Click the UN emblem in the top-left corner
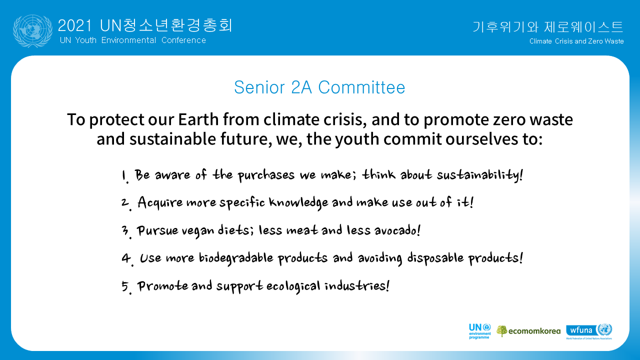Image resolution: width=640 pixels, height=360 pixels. tap(32, 31)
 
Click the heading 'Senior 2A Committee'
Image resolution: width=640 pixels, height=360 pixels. tap(319, 87)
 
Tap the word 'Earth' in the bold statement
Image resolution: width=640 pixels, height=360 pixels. tap(198, 119)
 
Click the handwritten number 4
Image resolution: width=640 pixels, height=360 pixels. tap(127, 259)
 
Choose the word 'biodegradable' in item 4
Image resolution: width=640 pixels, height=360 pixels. tap(236, 258)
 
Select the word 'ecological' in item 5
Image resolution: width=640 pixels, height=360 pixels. tap(293, 286)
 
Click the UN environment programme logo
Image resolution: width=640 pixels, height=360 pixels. tap(479, 331)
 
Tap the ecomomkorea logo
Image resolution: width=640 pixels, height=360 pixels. tap(528, 331)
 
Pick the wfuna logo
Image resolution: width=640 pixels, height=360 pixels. tap(589, 331)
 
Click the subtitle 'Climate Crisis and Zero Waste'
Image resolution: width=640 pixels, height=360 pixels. tap(576, 41)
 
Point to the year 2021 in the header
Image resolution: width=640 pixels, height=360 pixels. tap(75, 25)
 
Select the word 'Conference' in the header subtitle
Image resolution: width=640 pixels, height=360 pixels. tap(183, 40)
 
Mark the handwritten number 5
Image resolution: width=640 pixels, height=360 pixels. tap(126, 287)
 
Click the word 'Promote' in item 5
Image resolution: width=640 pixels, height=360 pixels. tap(162, 286)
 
